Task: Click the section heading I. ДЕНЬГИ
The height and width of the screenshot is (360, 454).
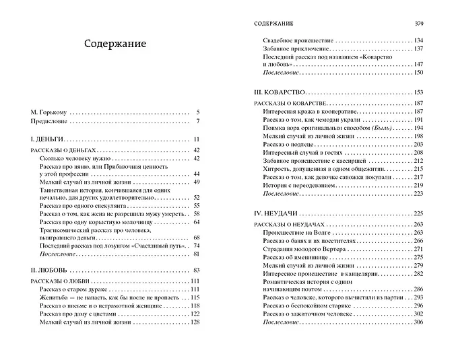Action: (x=46, y=139)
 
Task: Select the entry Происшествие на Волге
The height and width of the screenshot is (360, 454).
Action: (x=296, y=231)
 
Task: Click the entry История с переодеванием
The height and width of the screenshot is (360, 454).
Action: (x=299, y=185)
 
